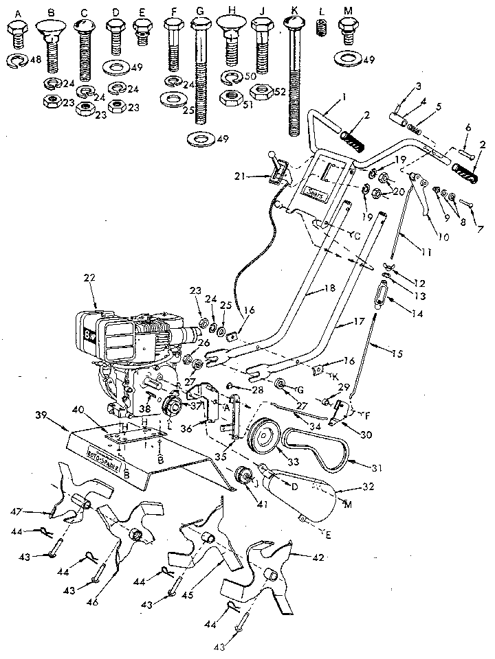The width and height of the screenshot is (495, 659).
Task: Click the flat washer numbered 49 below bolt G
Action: tap(201, 140)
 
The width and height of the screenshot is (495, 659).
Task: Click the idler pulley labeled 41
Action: tap(244, 476)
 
